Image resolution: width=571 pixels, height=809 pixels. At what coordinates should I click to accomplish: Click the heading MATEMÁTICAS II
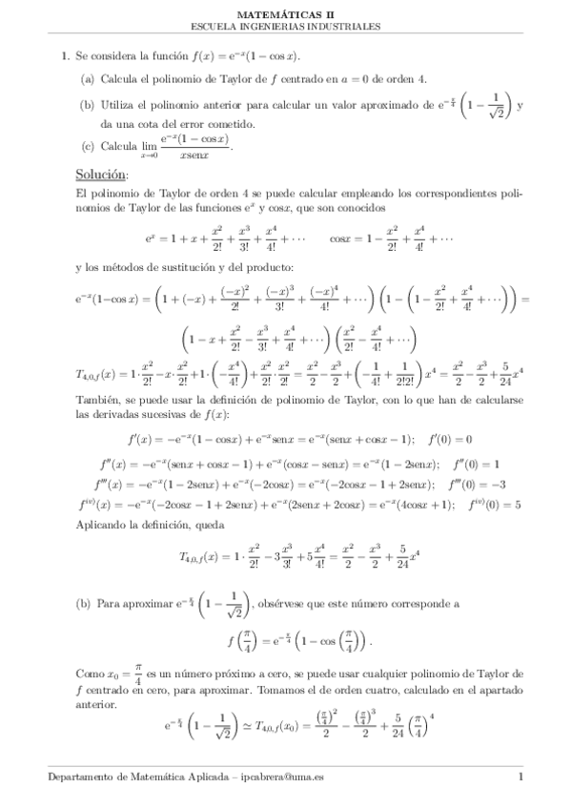point(285,14)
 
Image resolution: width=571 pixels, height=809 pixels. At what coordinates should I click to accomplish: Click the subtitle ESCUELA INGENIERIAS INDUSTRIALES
point(285,27)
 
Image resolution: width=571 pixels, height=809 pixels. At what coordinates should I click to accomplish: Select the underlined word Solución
point(101,175)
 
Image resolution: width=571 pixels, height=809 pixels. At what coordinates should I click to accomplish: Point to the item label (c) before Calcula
point(87,146)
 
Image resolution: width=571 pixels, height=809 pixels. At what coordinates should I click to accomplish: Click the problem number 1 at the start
point(64,56)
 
